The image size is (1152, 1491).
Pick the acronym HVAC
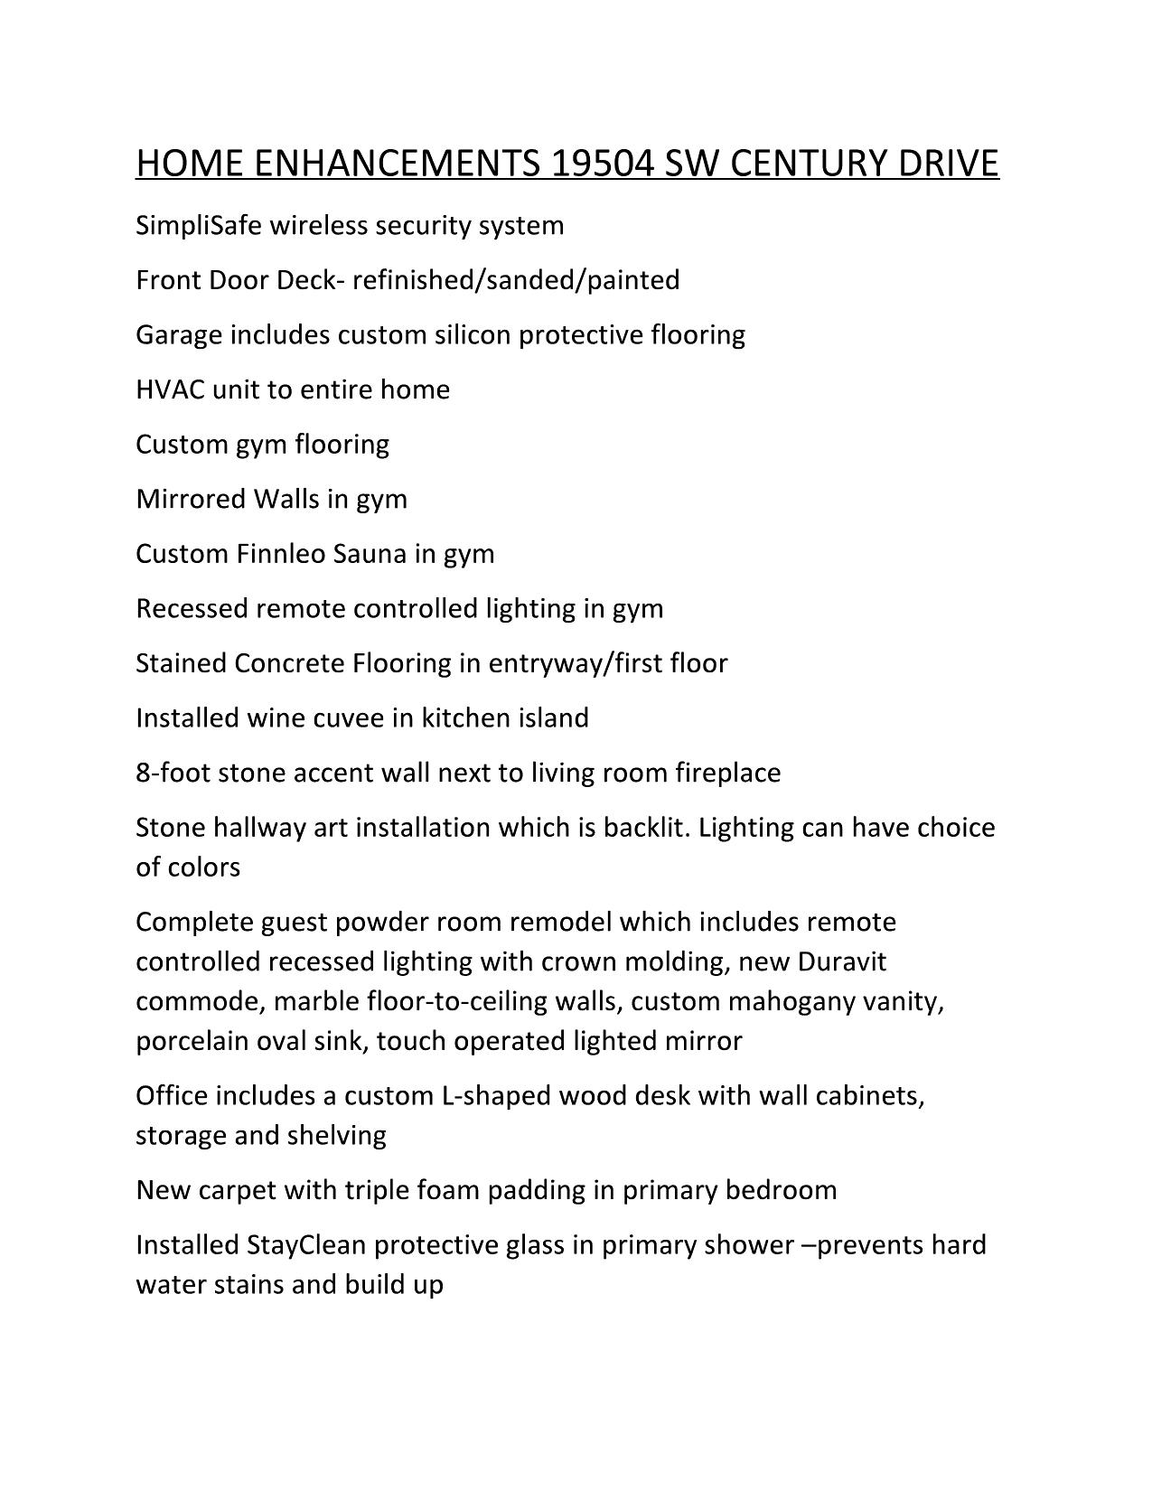coord(170,389)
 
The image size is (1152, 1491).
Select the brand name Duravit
coord(841,961)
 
